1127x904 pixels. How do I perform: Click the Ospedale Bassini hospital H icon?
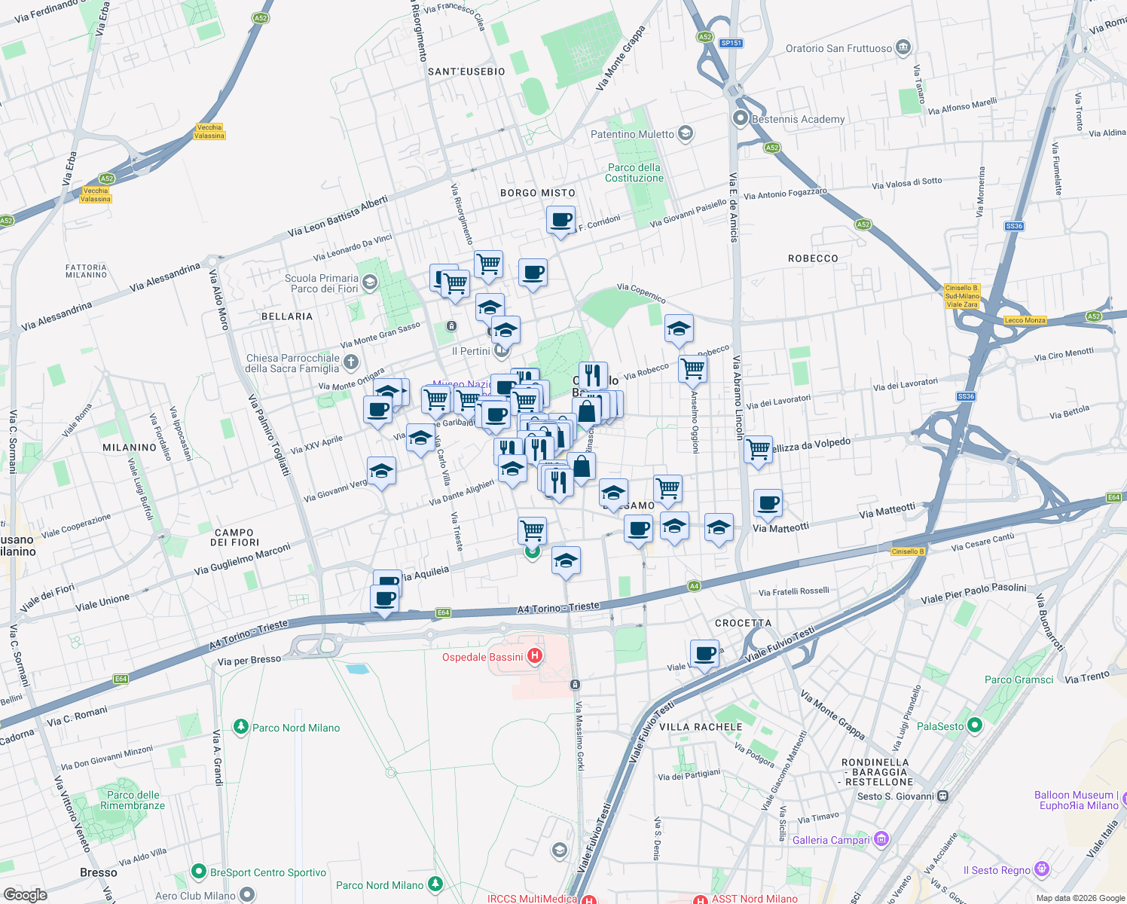click(x=535, y=656)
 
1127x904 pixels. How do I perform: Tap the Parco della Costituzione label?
click(x=634, y=173)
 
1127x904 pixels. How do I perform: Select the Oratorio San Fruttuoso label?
click(x=838, y=48)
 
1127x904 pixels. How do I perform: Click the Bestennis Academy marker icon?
click(x=741, y=118)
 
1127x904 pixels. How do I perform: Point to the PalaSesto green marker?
click(x=975, y=725)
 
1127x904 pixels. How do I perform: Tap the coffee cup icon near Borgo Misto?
click(x=560, y=220)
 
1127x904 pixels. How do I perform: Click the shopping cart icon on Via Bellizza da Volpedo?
click(x=758, y=450)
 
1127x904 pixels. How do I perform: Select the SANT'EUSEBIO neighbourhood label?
click(x=466, y=72)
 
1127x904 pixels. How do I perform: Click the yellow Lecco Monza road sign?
click(x=1025, y=320)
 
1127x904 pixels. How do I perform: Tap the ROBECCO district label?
click(x=813, y=258)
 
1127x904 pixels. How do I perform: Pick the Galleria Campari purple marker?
click(x=881, y=839)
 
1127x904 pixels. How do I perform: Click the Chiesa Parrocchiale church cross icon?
click(x=350, y=363)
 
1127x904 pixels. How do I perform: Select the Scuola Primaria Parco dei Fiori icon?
click(x=369, y=282)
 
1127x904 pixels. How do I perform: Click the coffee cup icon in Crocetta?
click(x=704, y=653)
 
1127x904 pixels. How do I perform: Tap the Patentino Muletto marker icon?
click(x=685, y=134)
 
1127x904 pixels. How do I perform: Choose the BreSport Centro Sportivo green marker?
click(x=199, y=872)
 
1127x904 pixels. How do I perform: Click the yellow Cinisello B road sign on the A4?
click(x=908, y=551)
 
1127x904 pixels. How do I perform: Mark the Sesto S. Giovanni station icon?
click(x=942, y=796)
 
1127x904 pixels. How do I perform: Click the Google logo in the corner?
click(x=26, y=894)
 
